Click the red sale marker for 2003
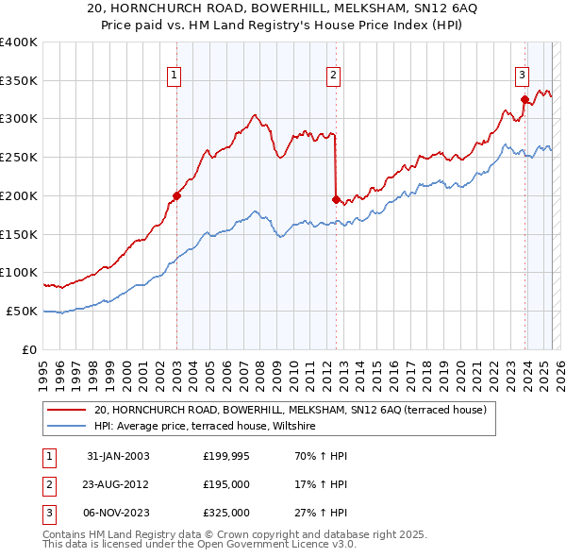coord(176,196)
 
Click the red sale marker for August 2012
coord(336,199)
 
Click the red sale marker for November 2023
coord(524,99)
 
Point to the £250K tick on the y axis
coord(19,157)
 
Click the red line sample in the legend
coord(67,410)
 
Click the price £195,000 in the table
coord(226,484)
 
